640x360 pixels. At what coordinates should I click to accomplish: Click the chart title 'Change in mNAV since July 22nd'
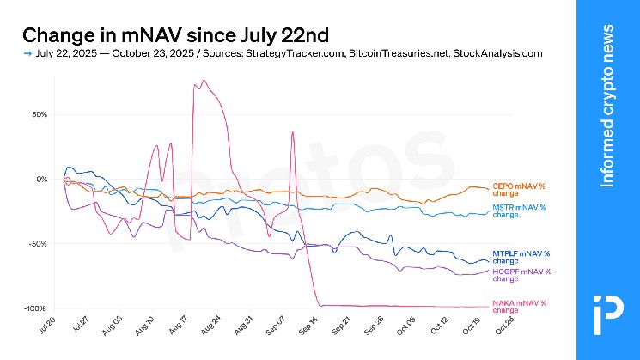[174, 35]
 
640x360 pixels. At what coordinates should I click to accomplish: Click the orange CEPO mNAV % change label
[518, 189]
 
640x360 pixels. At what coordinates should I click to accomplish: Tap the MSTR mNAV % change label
[518, 211]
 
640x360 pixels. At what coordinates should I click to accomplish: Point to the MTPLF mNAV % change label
[521, 256]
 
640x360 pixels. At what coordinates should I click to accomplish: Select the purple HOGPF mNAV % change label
[521, 275]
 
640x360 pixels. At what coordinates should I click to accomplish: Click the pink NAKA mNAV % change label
[518, 306]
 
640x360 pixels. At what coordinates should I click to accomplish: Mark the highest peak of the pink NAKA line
[204, 81]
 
